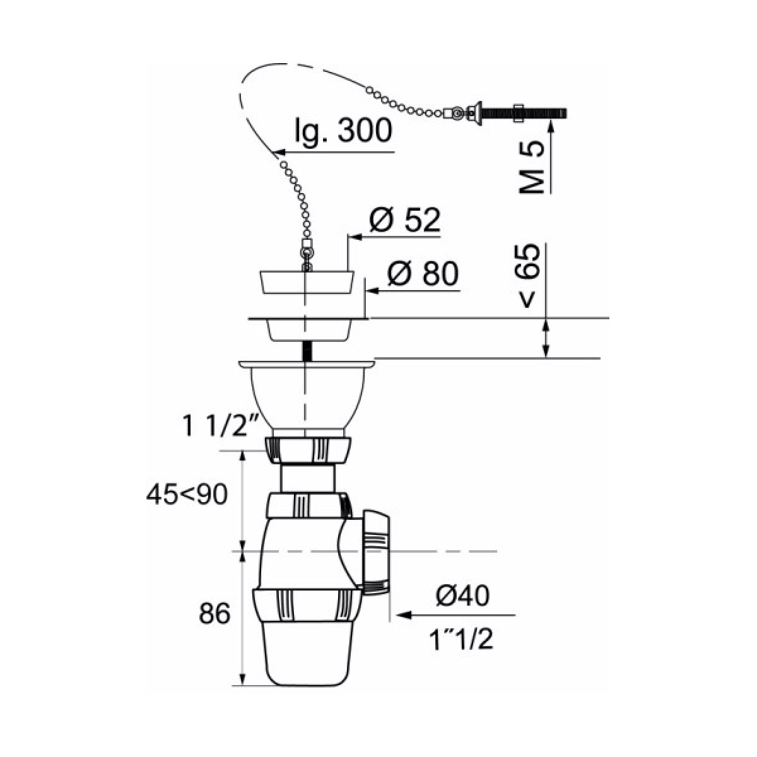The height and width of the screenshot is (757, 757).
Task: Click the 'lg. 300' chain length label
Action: tap(343, 131)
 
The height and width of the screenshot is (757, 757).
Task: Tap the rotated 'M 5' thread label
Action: tap(532, 167)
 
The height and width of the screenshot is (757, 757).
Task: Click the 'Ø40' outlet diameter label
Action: tap(462, 596)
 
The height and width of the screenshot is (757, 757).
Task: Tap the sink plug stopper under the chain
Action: tap(307, 282)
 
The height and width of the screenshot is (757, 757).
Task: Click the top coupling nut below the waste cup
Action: tap(308, 450)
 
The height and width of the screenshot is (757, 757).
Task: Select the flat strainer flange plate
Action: tap(308, 319)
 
